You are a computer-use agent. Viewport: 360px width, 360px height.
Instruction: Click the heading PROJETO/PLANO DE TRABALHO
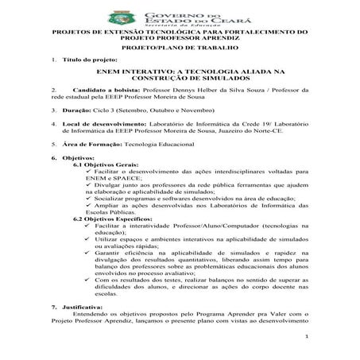coord(179,47)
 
